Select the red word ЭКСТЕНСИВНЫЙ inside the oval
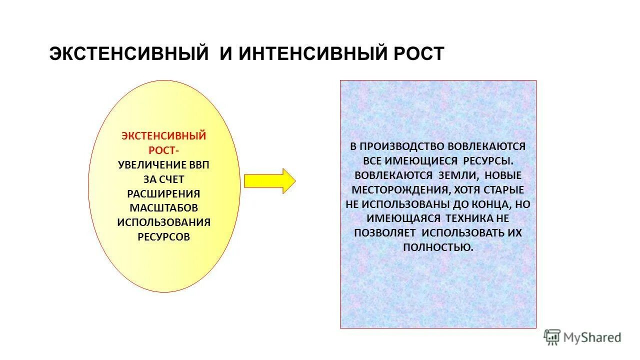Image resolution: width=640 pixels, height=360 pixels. point(164,136)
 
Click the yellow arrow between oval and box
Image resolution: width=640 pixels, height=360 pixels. point(269,180)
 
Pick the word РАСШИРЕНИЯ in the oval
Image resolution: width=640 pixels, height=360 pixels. point(164,193)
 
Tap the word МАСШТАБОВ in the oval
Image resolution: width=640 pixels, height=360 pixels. point(164,207)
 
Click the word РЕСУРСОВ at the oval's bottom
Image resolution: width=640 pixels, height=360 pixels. point(164,236)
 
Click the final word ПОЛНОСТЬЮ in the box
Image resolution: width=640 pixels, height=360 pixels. point(437,247)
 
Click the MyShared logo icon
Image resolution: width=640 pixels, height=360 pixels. point(552,337)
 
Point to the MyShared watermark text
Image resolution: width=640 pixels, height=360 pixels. point(592,338)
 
